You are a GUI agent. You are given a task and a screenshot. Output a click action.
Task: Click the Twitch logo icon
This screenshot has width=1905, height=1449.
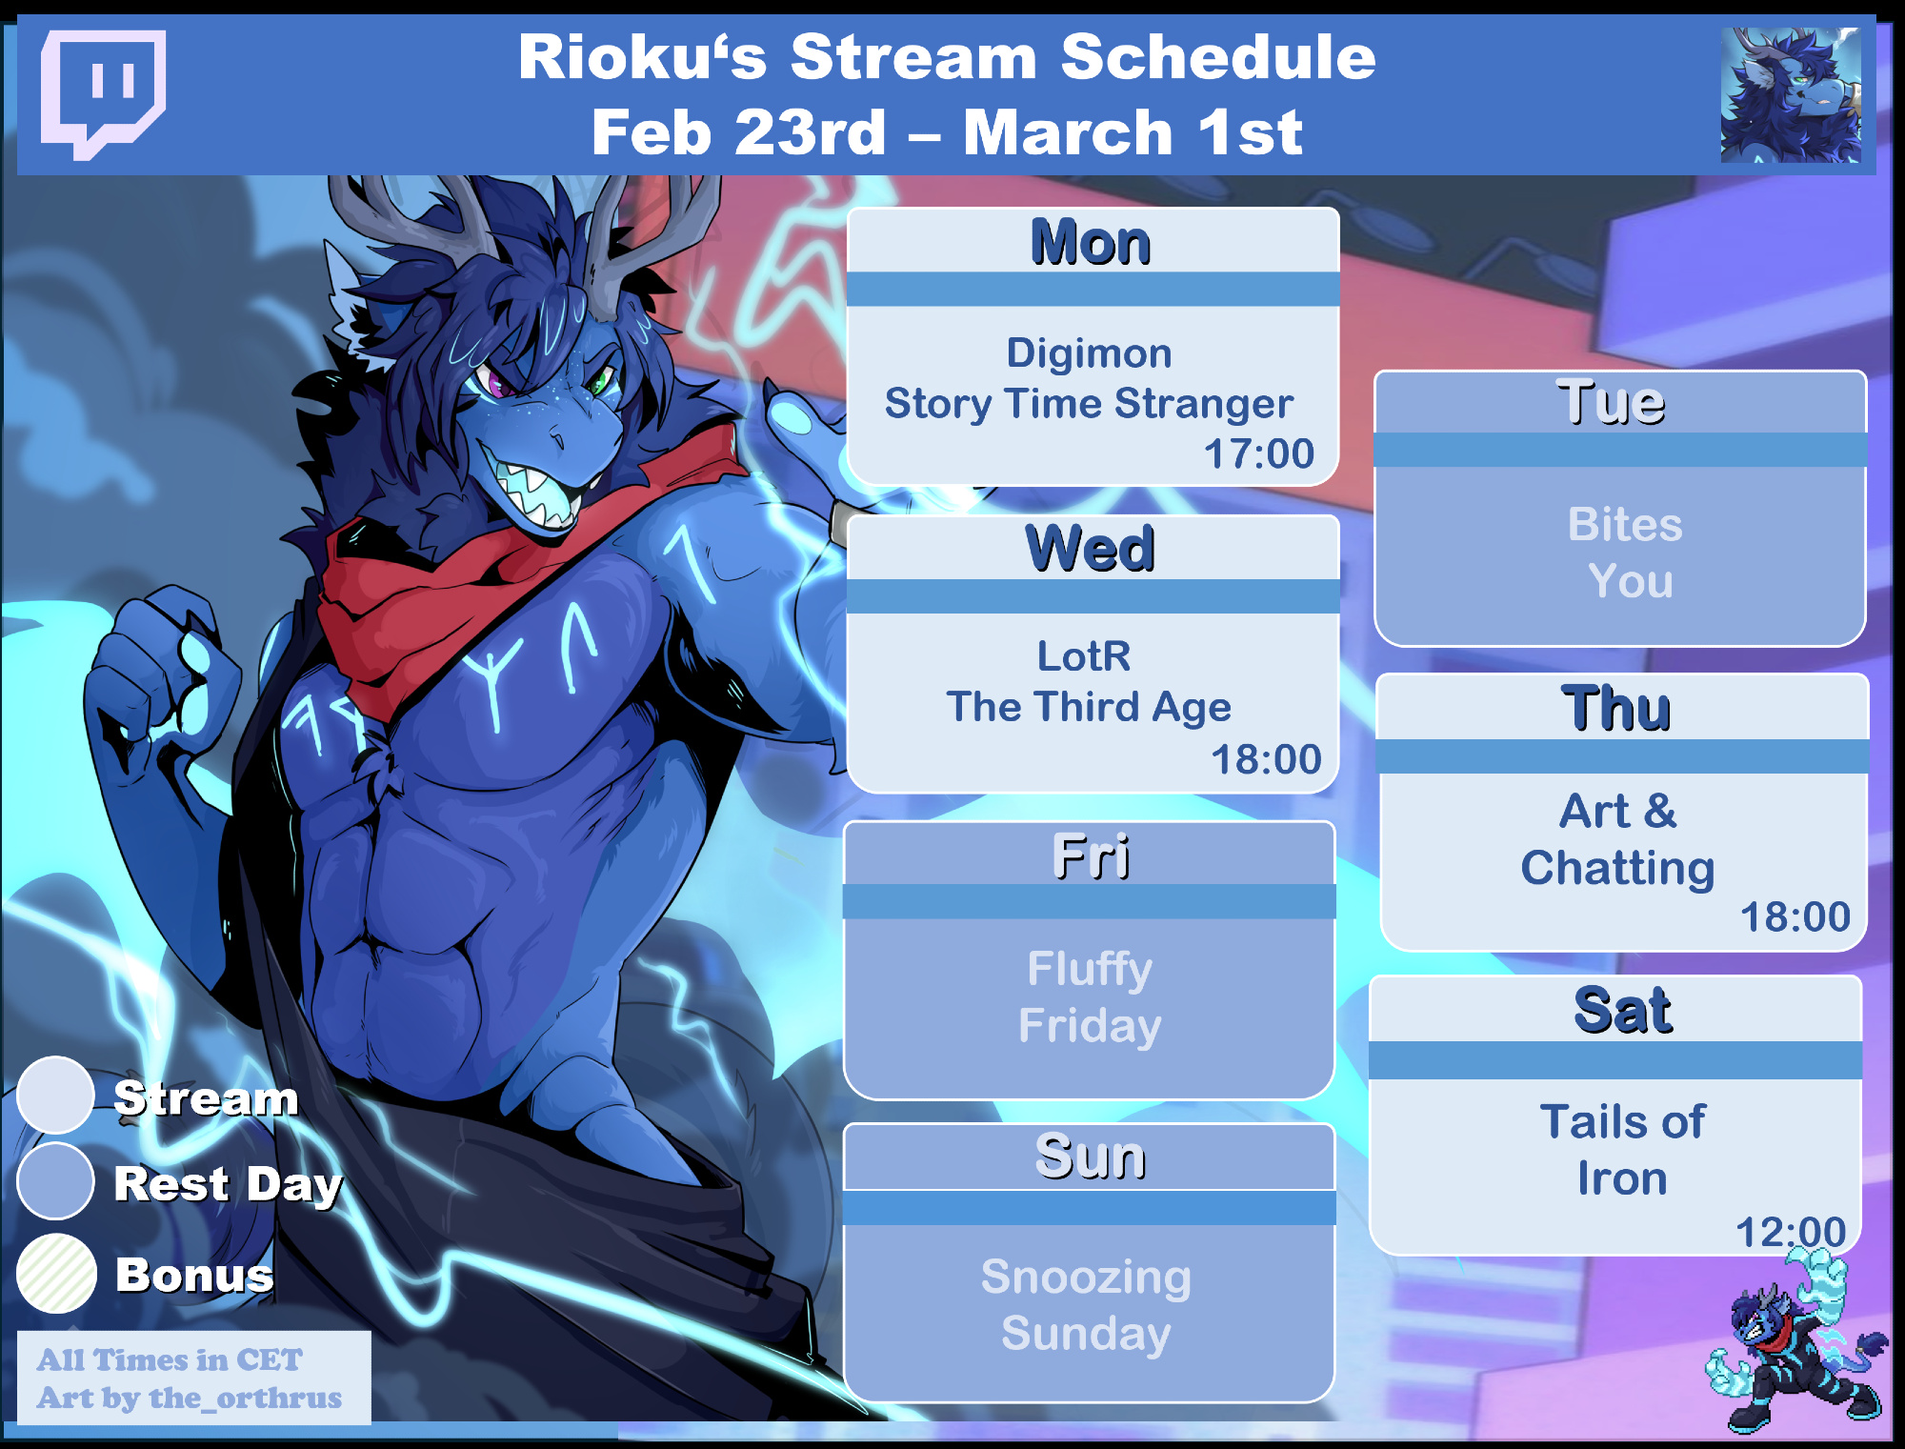coord(103,93)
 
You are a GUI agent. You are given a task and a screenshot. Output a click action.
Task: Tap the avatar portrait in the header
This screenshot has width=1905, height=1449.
coord(1791,94)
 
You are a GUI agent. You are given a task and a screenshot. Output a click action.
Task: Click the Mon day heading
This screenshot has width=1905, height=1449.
coord(1091,242)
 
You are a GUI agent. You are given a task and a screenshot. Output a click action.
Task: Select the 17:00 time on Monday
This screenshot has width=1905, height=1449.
coord(1259,453)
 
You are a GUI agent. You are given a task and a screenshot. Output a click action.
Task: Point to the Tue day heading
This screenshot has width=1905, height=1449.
coord(1611,402)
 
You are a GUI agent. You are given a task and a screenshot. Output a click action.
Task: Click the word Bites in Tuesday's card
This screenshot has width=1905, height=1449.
coord(1625,524)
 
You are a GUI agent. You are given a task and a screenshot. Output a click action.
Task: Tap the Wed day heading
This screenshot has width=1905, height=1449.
coord(1091,549)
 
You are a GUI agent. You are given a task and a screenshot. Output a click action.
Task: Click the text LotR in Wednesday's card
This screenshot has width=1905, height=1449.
coord(1084,655)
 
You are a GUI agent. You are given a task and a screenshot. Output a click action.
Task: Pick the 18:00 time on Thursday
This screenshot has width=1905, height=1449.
coord(1795,916)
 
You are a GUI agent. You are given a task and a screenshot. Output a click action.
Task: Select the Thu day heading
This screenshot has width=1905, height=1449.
coord(1616,708)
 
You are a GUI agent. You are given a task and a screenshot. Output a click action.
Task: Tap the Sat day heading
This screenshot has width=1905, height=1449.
coord(1623,1011)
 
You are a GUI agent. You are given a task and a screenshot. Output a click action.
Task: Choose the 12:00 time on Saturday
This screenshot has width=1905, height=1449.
coord(1791,1232)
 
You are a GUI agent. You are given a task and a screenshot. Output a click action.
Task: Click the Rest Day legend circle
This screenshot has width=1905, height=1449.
coord(55,1181)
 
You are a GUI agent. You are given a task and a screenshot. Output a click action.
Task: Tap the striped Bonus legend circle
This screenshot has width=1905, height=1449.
coord(57,1274)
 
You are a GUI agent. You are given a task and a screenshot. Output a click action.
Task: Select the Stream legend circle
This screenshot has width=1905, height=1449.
coord(55,1095)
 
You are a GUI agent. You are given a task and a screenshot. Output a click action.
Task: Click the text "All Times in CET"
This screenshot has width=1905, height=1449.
coord(170,1359)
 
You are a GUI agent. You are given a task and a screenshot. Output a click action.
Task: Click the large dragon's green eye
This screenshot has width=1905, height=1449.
coord(600,383)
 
